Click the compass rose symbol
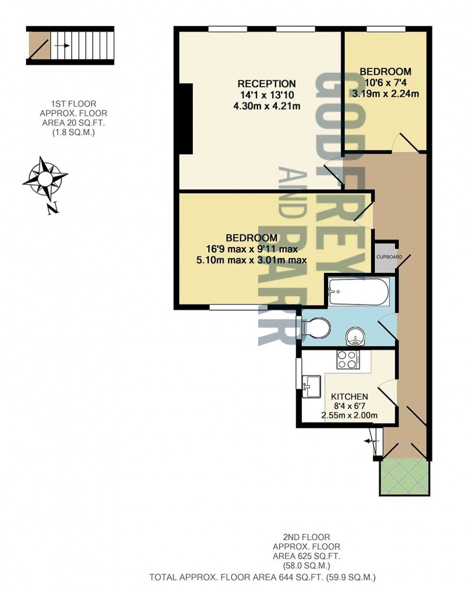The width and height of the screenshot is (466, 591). pos(45,179)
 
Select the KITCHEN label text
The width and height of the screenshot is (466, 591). pos(349,397)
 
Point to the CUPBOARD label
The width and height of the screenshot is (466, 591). pos(389,257)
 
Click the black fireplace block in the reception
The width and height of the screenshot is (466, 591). pos(186,118)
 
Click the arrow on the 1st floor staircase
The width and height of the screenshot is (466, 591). pos(62,46)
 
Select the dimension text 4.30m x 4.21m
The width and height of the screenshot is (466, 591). pos(266,106)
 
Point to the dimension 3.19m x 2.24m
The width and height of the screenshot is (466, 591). pos(385,94)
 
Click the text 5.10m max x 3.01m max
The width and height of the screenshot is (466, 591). pos(251,260)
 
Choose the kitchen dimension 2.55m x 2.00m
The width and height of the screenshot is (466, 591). pos(349,416)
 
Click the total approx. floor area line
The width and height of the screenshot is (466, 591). pos(262,578)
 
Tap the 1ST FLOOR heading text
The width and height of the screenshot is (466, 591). pos(74,104)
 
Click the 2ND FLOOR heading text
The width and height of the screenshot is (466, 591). pos(307,538)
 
